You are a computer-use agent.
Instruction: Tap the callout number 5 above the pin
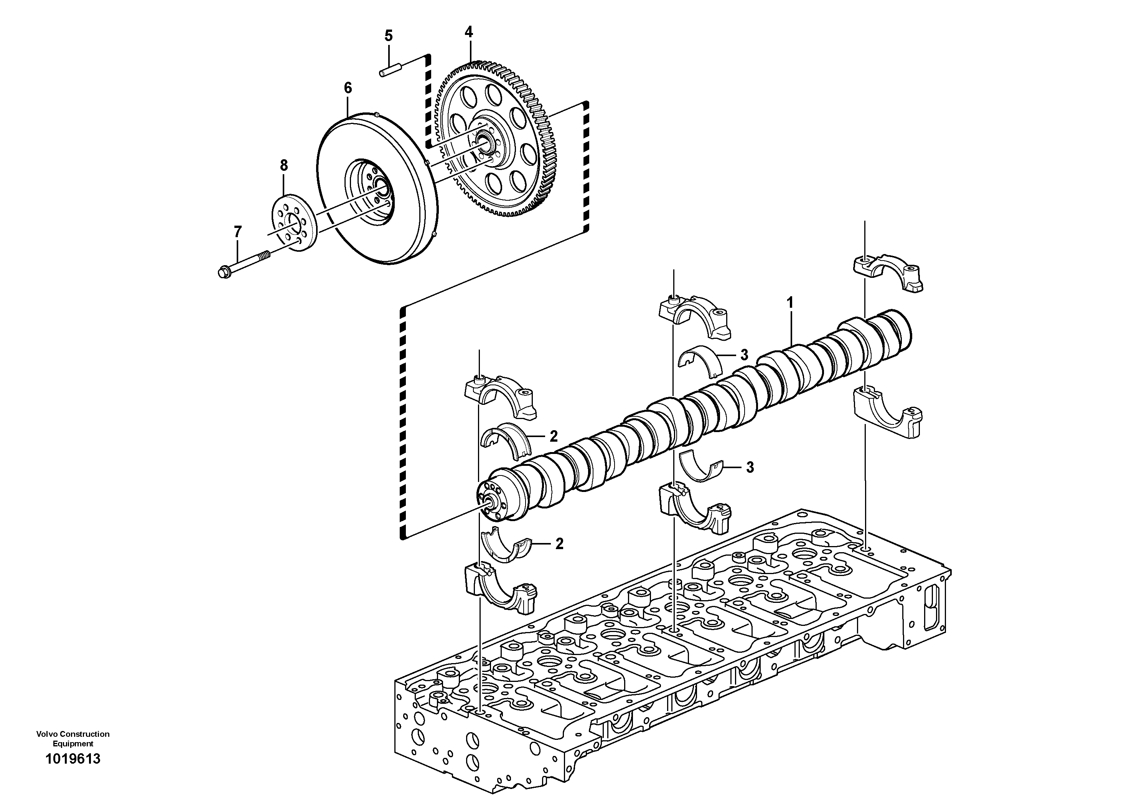(389, 36)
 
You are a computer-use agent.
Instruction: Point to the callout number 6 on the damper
(348, 88)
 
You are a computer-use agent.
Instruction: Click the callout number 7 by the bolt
(238, 232)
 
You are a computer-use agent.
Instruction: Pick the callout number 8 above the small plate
(283, 165)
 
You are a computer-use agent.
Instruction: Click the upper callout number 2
(554, 436)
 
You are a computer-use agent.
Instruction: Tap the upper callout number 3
(744, 355)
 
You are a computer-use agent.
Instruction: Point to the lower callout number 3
(750, 467)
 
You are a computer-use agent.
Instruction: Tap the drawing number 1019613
(73, 773)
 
